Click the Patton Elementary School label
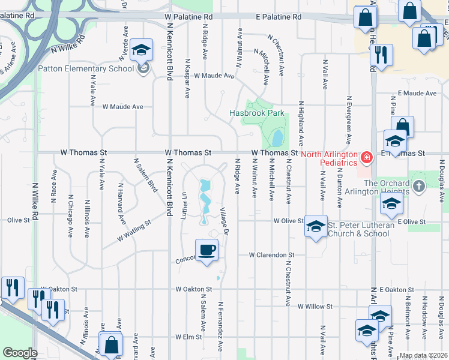(x=86, y=68)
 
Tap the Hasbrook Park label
(x=257, y=113)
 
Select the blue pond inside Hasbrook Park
(x=277, y=139)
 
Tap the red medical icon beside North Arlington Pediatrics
(x=366, y=158)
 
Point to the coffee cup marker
(x=207, y=250)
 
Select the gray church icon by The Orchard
(x=419, y=187)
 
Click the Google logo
(x=20, y=353)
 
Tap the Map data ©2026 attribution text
(x=423, y=355)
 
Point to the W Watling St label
(x=134, y=230)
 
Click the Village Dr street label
(x=224, y=221)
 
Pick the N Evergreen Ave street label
(x=348, y=120)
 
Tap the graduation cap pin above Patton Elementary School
(x=142, y=50)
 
